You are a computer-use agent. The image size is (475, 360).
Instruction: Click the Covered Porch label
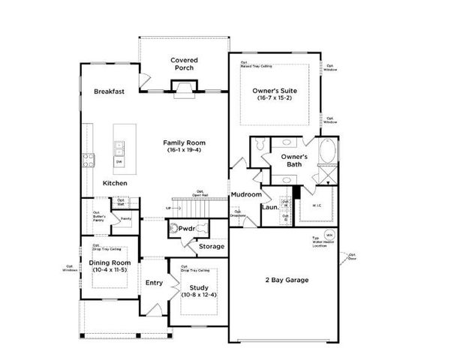[x=184, y=64]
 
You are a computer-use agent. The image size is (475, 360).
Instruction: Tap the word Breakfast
[x=109, y=91]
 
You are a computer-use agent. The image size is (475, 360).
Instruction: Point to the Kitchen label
[x=115, y=184]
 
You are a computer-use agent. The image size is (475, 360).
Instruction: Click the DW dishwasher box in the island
[x=119, y=161]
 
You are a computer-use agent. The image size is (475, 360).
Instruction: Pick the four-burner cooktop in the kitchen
[x=88, y=159]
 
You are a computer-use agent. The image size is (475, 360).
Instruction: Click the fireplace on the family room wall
[x=184, y=91]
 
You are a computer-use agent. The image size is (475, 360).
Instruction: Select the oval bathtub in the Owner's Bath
[x=327, y=152]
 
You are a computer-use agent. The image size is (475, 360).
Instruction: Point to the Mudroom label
[x=245, y=194]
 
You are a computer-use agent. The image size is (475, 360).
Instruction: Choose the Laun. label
[x=269, y=208]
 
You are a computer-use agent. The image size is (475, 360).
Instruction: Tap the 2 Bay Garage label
[x=287, y=280]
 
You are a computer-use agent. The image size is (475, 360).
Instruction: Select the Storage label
[x=212, y=246]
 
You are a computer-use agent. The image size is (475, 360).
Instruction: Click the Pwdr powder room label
[x=186, y=229]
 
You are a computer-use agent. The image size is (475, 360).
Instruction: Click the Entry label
[x=154, y=283]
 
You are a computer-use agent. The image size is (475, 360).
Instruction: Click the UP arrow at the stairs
[x=170, y=208]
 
